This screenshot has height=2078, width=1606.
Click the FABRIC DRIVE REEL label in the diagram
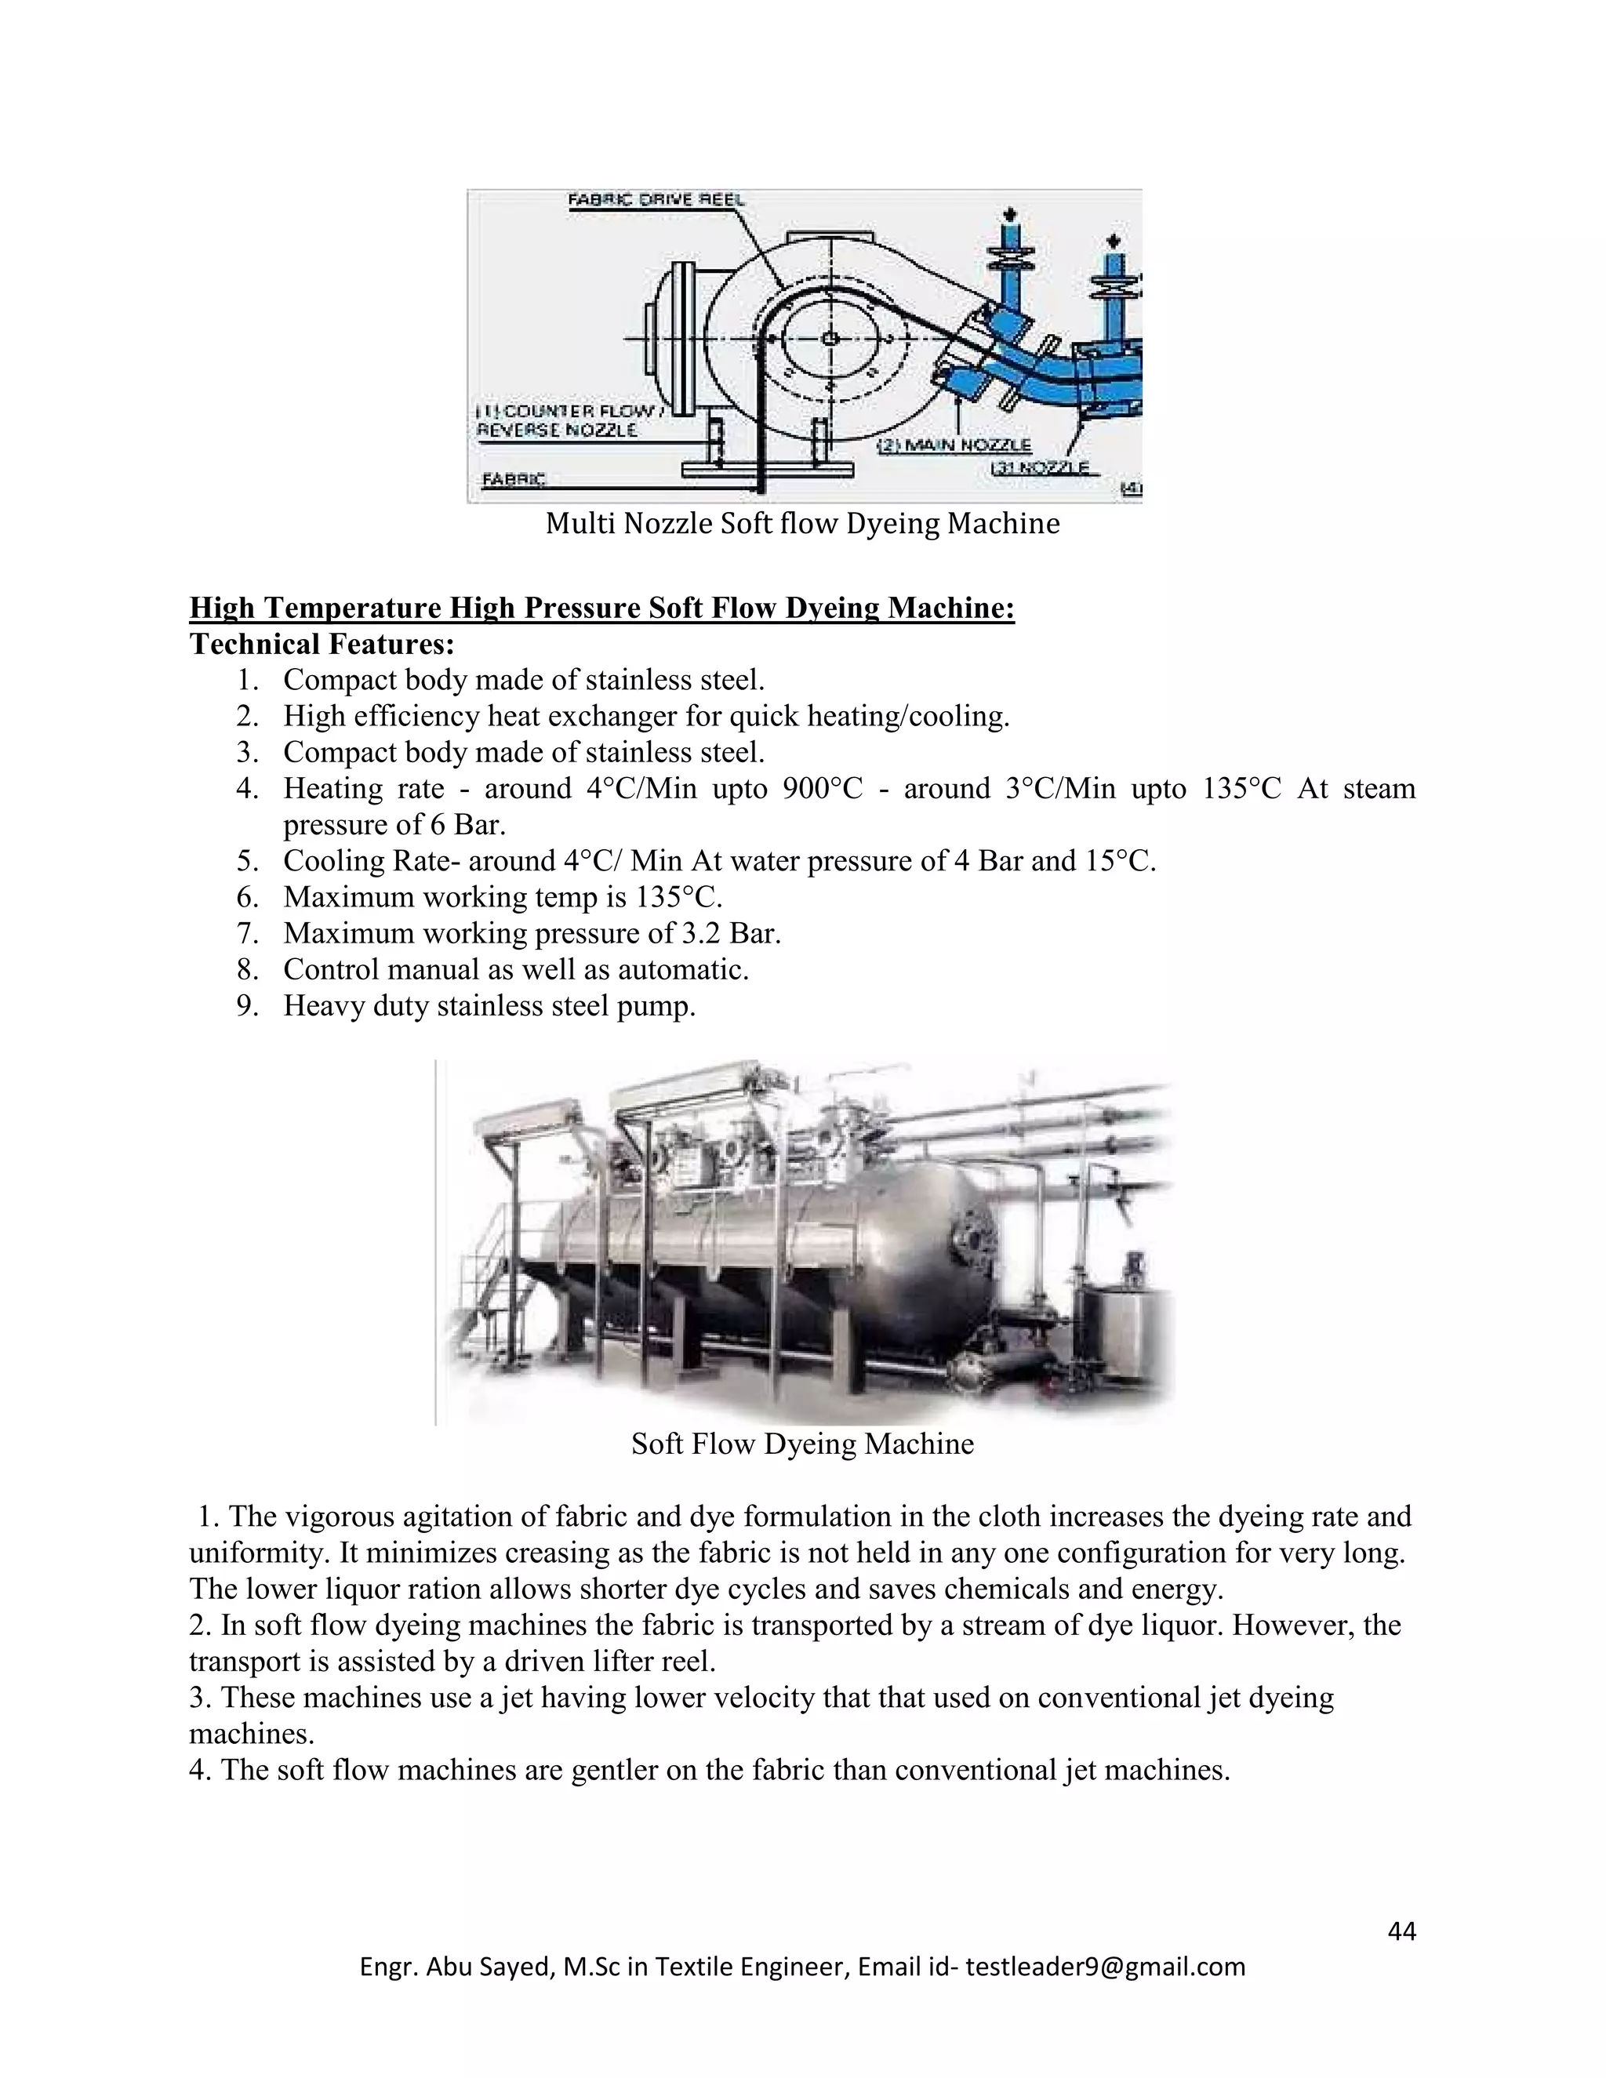[x=656, y=201]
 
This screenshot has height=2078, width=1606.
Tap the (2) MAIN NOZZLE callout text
[x=952, y=445]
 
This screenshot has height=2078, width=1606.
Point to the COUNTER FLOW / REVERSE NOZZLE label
[x=567, y=420]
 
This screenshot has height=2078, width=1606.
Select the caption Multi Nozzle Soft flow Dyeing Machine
[x=802, y=523]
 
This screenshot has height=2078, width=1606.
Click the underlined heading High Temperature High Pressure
[x=601, y=607]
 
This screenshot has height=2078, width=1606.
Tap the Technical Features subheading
[x=322, y=644]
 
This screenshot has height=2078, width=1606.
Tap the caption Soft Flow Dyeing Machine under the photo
[x=802, y=1444]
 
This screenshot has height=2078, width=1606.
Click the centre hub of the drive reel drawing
[x=830, y=339]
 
